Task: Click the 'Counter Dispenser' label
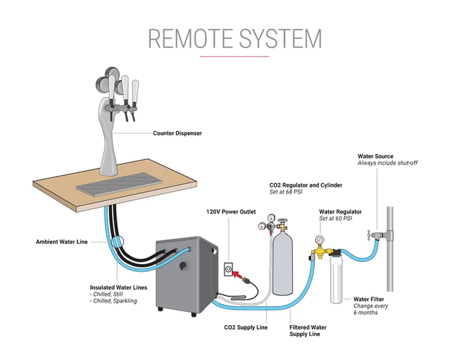(177, 133)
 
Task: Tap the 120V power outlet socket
(229, 269)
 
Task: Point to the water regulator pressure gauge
(320, 240)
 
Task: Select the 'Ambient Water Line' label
(61, 242)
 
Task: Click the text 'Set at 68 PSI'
(286, 192)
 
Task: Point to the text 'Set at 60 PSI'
(335, 219)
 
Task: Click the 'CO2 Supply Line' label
(246, 328)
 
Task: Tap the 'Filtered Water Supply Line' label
(308, 331)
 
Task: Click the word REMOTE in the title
(190, 39)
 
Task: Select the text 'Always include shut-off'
(387, 163)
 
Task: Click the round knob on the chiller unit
(183, 265)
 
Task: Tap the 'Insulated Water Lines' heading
(119, 288)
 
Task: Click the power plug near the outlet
(248, 281)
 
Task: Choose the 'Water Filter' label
(368, 299)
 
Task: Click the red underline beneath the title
(234, 56)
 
